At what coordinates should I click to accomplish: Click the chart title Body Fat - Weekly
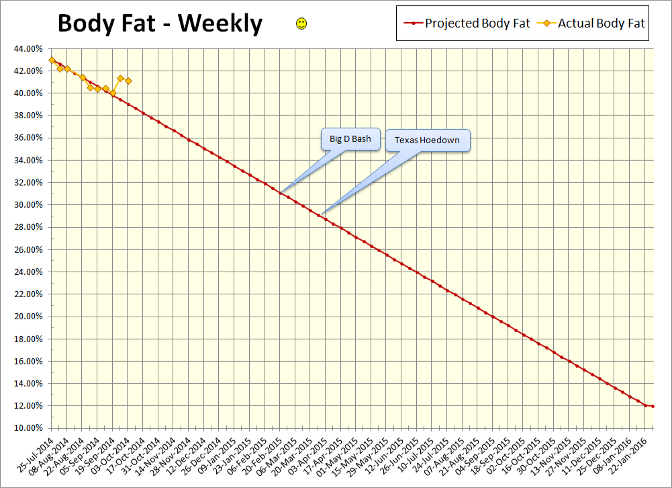[160, 24]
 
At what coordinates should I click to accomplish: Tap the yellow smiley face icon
[301, 24]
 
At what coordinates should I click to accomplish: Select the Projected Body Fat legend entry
[467, 24]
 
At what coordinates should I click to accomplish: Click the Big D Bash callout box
[350, 138]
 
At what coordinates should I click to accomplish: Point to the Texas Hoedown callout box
[428, 140]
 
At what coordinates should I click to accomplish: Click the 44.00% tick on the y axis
[28, 48]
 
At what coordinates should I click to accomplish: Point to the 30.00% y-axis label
[28, 204]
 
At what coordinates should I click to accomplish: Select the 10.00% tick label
[28, 428]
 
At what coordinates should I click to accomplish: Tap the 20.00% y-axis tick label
[28, 316]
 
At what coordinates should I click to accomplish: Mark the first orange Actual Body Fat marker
[52, 60]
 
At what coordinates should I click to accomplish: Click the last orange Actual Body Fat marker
[128, 81]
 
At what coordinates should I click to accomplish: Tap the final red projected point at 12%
[653, 406]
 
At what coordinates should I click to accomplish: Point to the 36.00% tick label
[28, 138]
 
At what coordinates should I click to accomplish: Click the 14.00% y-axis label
[28, 383]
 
